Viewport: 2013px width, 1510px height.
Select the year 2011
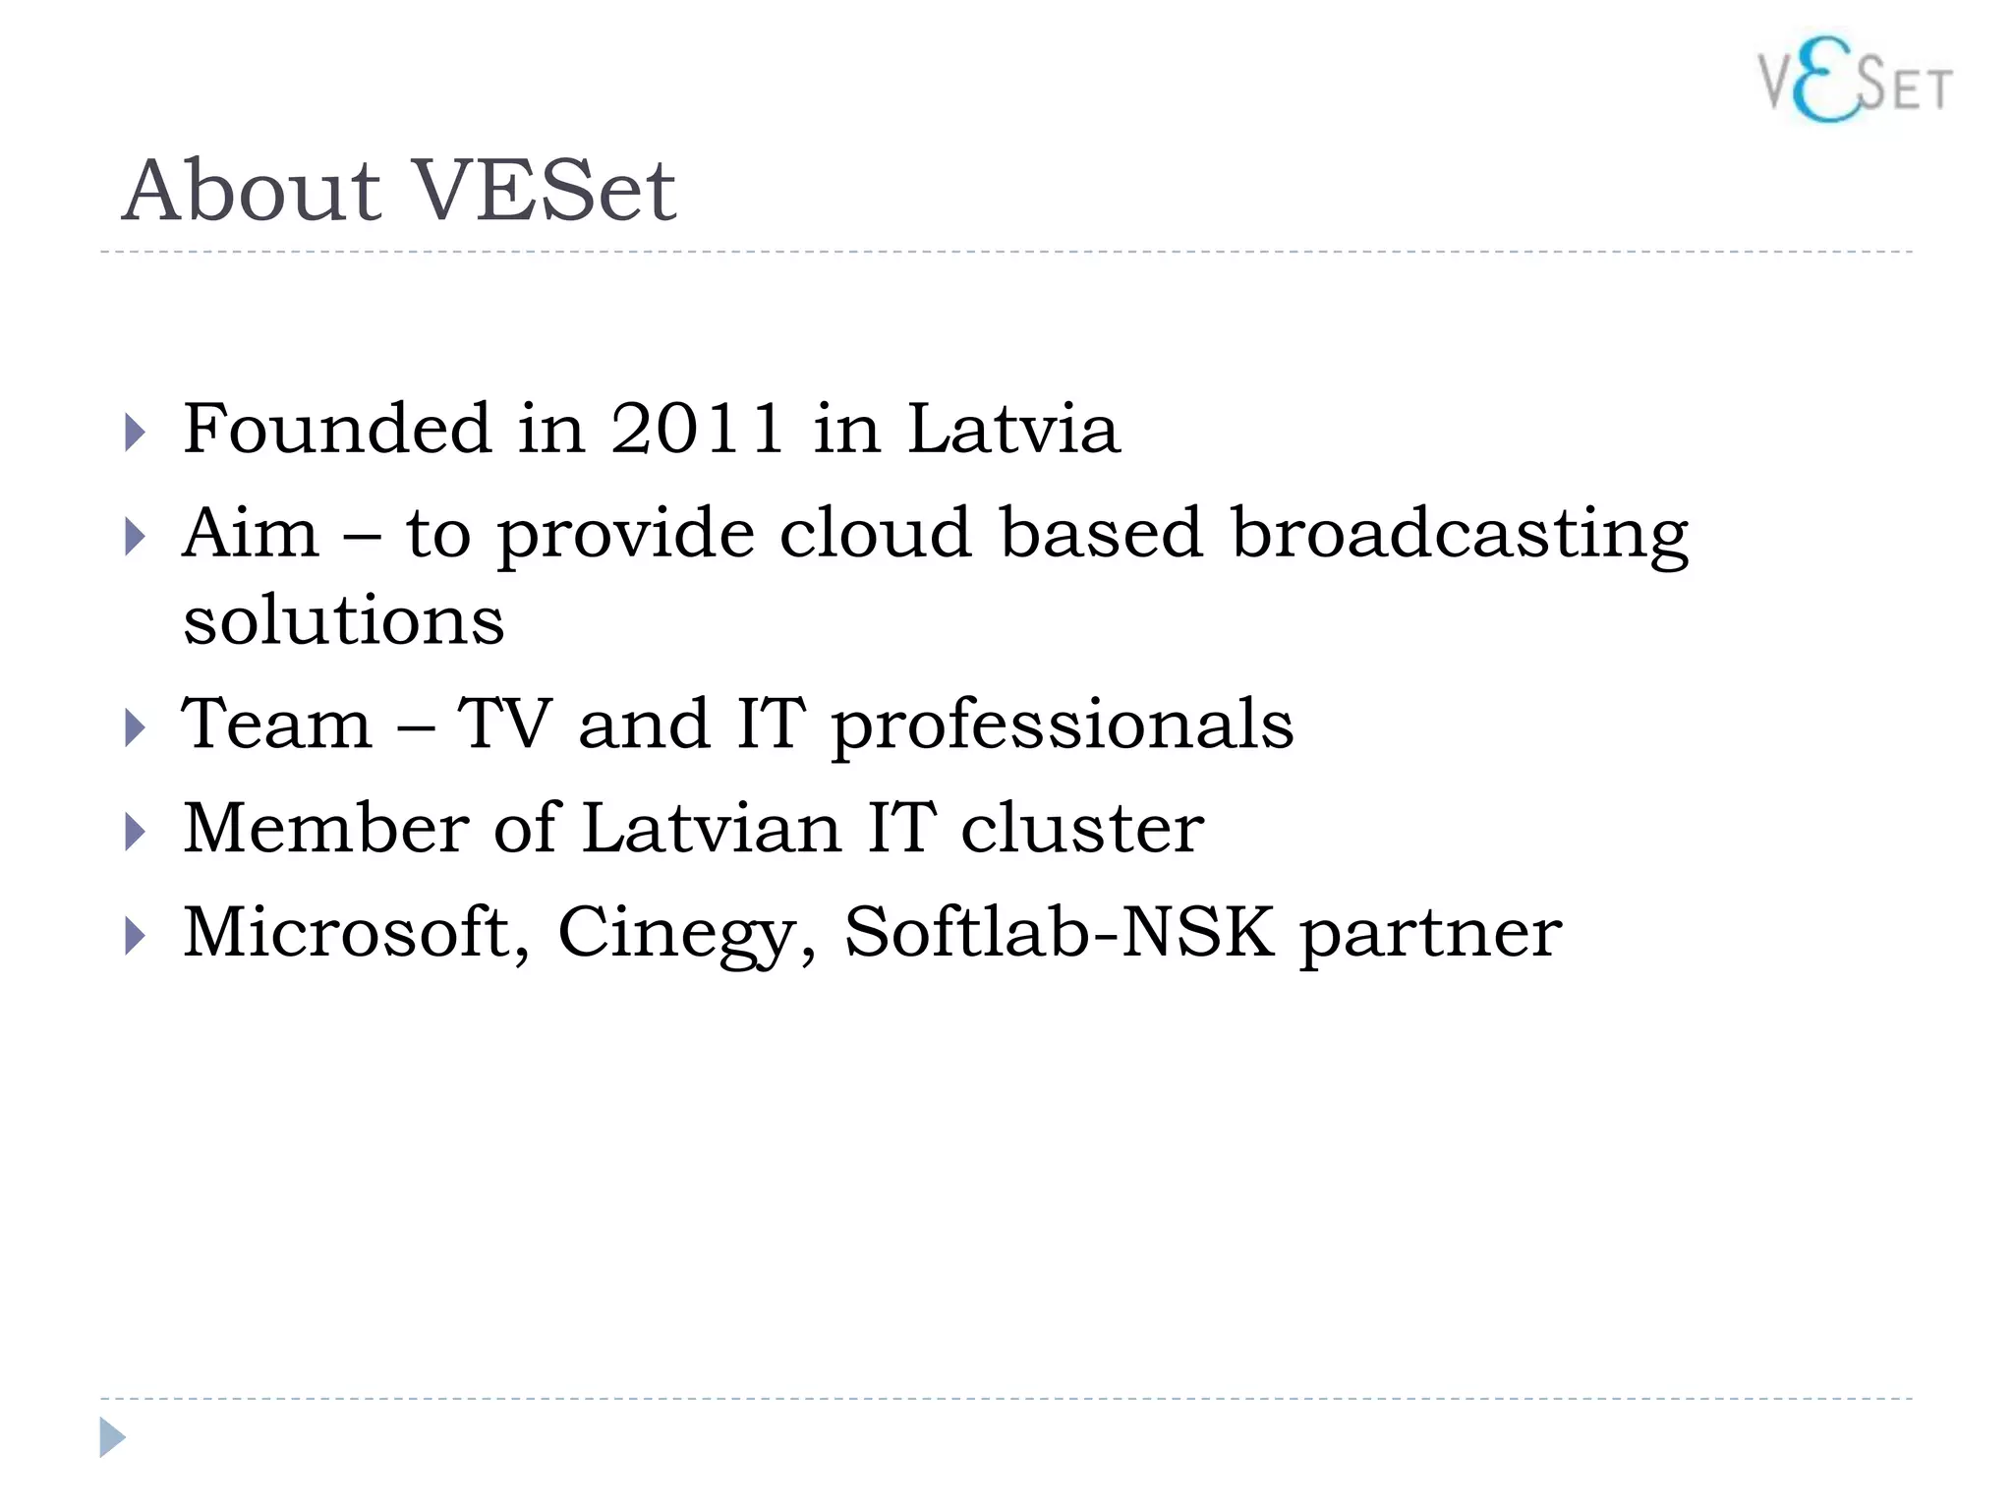point(697,429)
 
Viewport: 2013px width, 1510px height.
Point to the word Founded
point(337,429)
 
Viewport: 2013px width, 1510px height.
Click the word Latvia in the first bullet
point(1013,429)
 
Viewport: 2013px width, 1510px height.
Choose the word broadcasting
point(1460,535)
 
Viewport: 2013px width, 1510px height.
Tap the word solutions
point(344,621)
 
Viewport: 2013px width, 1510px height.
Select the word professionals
point(1063,726)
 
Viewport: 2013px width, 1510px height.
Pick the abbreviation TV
point(505,724)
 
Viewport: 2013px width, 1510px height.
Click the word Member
point(326,828)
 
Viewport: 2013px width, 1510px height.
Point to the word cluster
point(1082,828)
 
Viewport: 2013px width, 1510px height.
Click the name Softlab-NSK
point(1060,932)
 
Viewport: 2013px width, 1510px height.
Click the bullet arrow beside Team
point(136,728)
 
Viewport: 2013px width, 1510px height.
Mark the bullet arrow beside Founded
point(136,433)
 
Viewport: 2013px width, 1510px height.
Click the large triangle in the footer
point(112,1437)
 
